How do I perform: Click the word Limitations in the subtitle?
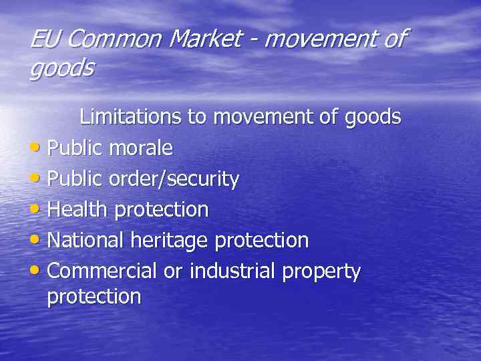130,117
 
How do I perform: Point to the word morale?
140,148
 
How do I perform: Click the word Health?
78,209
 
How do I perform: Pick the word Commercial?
102,271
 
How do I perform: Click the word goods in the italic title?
61,68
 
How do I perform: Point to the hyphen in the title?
257,40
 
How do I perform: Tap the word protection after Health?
162,211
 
